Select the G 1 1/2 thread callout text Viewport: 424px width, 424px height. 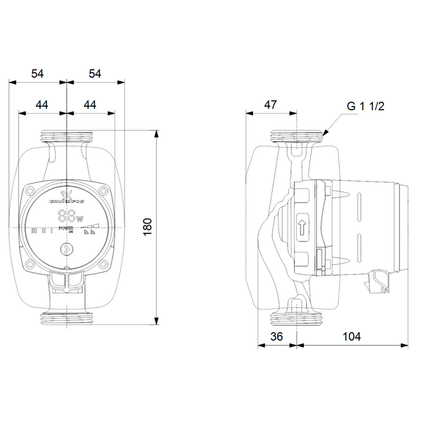(365, 106)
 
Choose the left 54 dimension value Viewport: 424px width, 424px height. (37, 74)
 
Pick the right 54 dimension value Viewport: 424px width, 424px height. (95, 74)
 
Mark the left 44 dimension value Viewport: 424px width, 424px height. (42, 105)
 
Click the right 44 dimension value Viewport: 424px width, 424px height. (90, 105)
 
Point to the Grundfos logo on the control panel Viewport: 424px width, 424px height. (66, 197)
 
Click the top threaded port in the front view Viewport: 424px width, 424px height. (66, 136)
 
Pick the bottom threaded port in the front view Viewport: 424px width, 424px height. (66, 319)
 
